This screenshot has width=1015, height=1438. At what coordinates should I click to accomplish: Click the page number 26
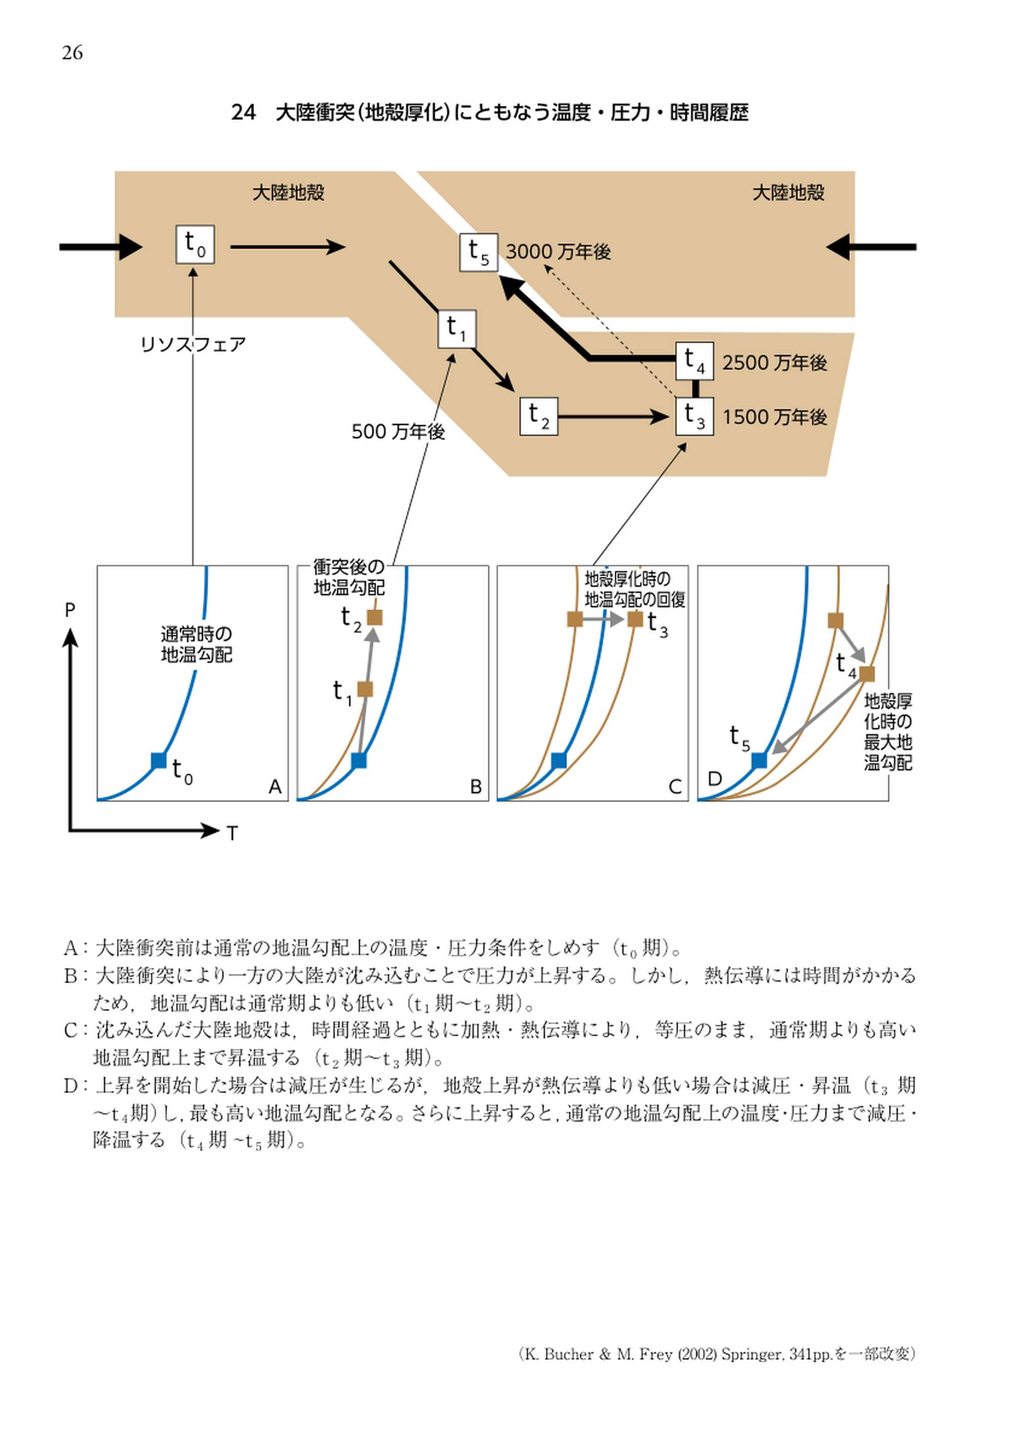pos(72,53)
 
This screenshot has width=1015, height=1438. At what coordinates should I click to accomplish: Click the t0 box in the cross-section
pos(195,244)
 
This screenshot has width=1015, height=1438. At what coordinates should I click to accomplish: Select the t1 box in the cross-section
pos(456,329)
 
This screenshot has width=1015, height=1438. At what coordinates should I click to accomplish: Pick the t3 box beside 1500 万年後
pos(694,416)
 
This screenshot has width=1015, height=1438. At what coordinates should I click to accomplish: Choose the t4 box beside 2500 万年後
pos(694,361)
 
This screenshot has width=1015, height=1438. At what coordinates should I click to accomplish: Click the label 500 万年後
pos(398,432)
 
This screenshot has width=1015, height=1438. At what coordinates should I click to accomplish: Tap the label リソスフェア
pos(193,344)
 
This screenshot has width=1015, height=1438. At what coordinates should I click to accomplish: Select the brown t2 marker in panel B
pos(374,617)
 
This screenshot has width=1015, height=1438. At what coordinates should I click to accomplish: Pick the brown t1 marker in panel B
pos(365,689)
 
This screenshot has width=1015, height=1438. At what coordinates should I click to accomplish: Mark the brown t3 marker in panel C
pos(635,619)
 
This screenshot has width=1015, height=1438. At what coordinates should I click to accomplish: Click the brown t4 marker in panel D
pos(866,674)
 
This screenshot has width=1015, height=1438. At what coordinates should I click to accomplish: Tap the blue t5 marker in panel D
pos(759,760)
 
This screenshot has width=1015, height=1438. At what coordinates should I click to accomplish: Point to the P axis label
pos(70,609)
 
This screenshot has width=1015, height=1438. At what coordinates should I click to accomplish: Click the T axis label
pos(232,833)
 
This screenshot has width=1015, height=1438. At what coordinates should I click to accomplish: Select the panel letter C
pos(675,787)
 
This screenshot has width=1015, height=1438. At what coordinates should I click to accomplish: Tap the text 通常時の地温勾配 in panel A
pos(196,645)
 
